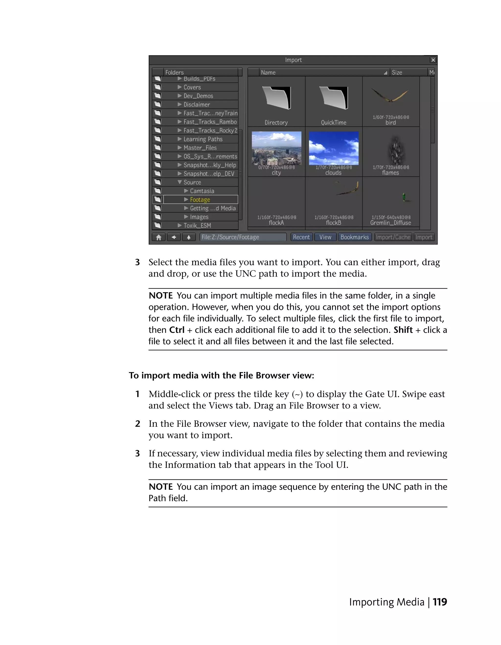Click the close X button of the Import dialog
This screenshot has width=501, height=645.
tap(433, 60)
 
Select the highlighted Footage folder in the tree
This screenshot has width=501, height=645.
tap(200, 200)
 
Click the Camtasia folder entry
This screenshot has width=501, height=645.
tap(202, 191)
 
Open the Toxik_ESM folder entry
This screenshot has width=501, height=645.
tap(197, 226)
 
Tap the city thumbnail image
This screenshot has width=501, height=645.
tap(276, 148)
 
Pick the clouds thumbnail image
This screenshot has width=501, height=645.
tap(333, 148)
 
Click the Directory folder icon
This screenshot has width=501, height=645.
tap(276, 98)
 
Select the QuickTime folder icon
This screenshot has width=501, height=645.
tap(333, 98)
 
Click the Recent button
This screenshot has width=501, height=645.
tap(301, 237)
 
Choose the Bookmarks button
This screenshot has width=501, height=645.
tap(354, 237)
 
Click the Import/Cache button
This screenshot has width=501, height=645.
tap(393, 237)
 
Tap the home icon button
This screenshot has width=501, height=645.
tap(159, 237)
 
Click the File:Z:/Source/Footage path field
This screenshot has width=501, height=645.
tap(243, 237)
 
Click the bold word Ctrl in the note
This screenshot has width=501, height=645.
tap(177, 330)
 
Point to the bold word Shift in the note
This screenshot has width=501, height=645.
tap(403, 330)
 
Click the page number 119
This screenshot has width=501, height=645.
tap(440, 602)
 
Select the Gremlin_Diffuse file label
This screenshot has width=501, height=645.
tap(390, 223)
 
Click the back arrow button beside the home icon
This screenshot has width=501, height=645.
tap(174, 237)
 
